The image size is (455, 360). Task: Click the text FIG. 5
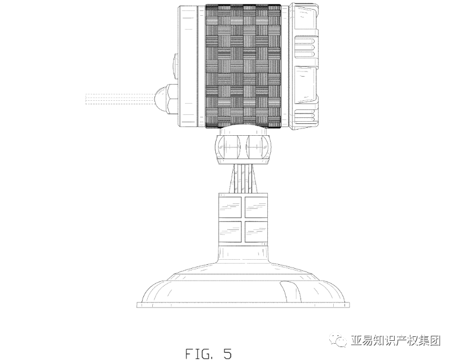[x=207, y=353]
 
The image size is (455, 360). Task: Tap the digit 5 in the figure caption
[x=227, y=353]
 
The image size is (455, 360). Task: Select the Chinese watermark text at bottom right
[x=395, y=341]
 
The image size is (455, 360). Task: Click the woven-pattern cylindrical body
[x=242, y=66]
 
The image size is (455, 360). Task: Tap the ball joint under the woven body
[x=242, y=148]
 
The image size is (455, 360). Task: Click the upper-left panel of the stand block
[x=229, y=207]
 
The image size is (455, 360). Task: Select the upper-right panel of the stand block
[x=256, y=207]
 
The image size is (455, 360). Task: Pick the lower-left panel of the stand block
[x=229, y=232]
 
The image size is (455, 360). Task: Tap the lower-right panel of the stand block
[x=256, y=232]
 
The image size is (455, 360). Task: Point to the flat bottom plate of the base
[x=242, y=305]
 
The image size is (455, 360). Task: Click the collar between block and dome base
[x=242, y=251]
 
